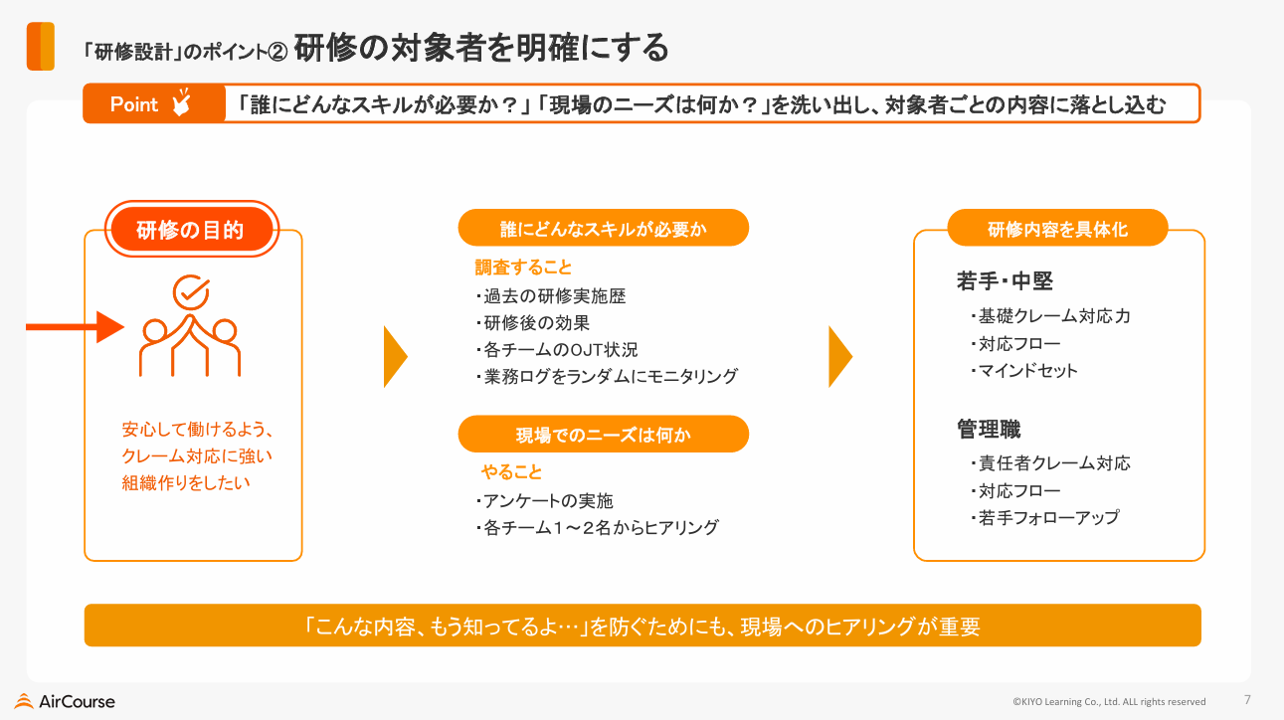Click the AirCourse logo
[65, 701]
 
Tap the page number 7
[1247, 699]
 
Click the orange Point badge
[154, 103]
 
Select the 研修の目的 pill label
[191, 230]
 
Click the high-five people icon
[190, 325]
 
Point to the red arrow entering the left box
[76, 327]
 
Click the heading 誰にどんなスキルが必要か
[603, 228]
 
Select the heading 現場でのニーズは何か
[603, 435]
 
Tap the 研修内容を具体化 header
[1057, 228]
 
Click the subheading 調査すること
[523, 268]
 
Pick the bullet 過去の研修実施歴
[551, 295]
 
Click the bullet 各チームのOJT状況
[557, 349]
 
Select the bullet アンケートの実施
[545, 500]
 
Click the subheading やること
[511, 471]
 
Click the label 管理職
[989, 429]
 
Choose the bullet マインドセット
[1024, 370]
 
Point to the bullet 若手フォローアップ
[1044, 518]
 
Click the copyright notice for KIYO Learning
[1109, 701]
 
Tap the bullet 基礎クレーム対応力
[1050, 316]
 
